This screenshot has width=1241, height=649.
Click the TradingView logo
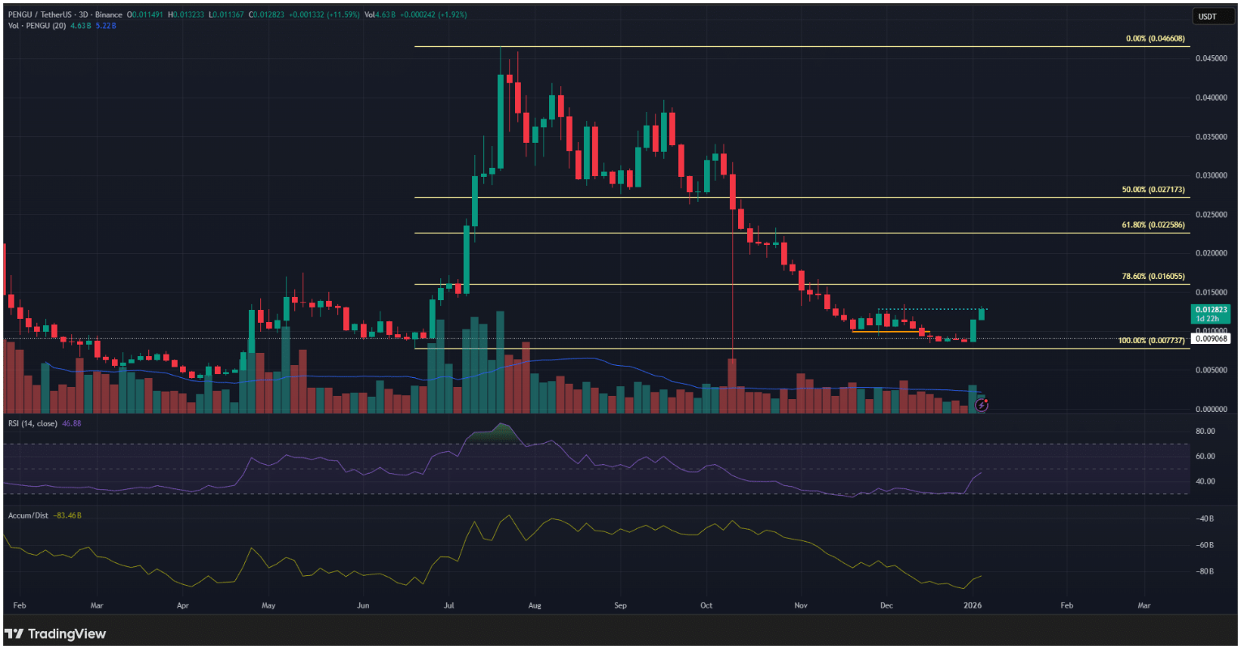pyautogui.click(x=55, y=634)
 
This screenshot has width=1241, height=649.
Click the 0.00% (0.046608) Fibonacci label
pyautogui.click(x=1156, y=39)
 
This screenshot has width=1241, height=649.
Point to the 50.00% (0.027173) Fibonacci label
pyautogui.click(x=1154, y=189)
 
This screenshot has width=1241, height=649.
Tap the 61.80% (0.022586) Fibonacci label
pyautogui.click(x=1154, y=225)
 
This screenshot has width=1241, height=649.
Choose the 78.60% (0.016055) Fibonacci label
pyautogui.click(x=1154, y=276)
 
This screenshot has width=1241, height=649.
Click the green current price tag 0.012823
pyautogui.click(x=1211, y=310)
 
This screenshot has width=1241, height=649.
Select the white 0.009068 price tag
pyautogui.click(x=1211, y=338)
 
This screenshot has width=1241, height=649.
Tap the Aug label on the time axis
pyautogui.click(x=534, y=605)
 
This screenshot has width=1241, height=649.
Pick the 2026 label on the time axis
pyautogui.click(x=973, y=605)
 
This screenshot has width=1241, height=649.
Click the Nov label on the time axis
pyautogui.click(x=801, y=605)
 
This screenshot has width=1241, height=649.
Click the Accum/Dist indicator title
pyautogui.click(x=28, y=515)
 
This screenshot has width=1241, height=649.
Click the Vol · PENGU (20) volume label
pyautogui.click(x=36, y=25)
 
